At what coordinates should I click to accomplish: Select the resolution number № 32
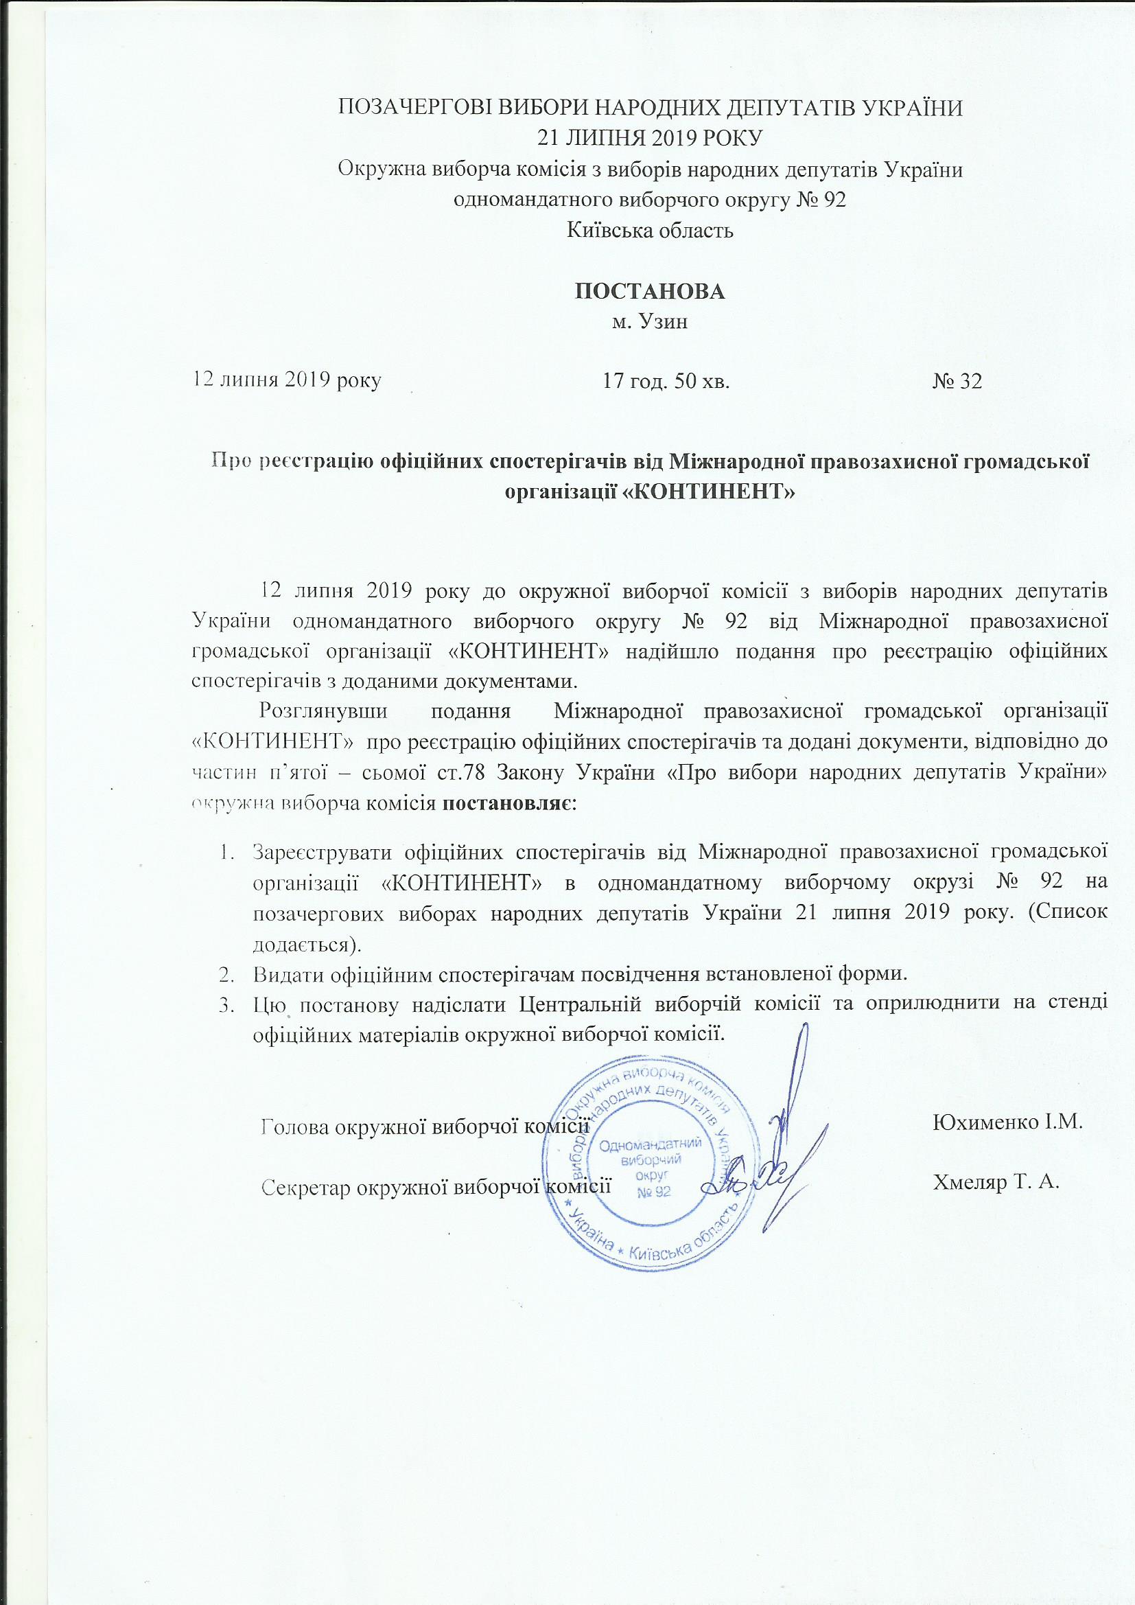pos(957,382)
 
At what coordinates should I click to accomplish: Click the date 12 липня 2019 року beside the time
pos(288,382)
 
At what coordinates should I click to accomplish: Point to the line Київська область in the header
pos(649,230)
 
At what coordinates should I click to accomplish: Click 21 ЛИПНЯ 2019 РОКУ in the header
pos(649,138)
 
